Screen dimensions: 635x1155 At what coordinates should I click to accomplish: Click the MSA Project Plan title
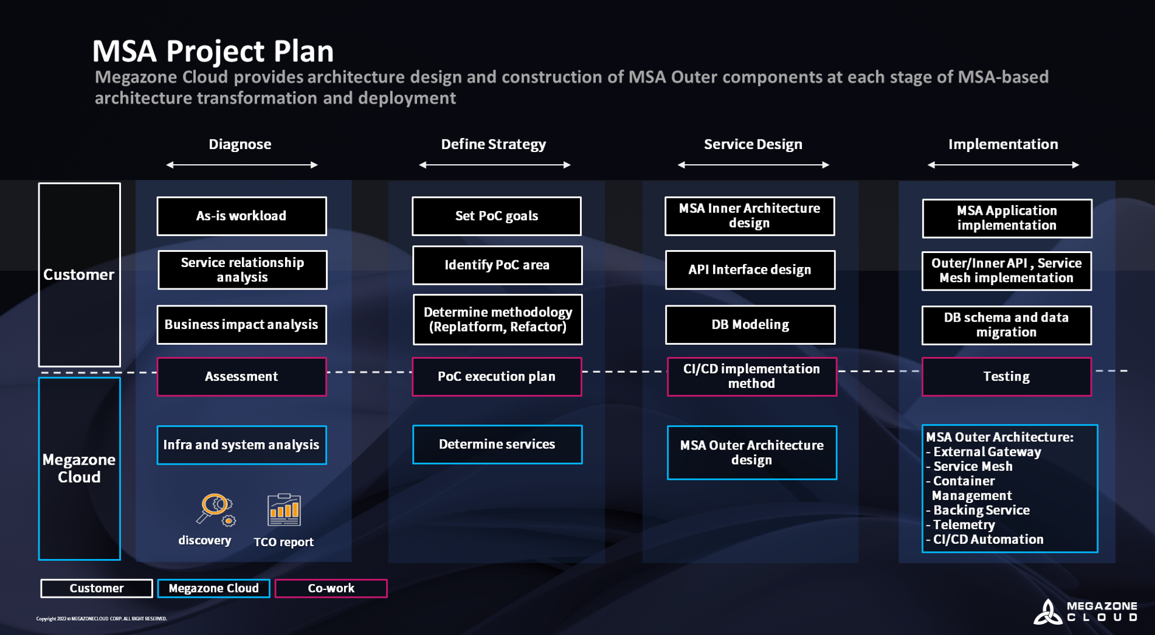pyautogui.click(x=213, y=51)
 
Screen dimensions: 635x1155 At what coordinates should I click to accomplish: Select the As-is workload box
pyautogui.click(x=241, y=216)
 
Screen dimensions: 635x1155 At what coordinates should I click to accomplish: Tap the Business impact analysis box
pyautogui.click(x=241, y=325)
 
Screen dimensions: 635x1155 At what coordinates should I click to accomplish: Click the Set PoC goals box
pyautogui.click(x=497, y=216)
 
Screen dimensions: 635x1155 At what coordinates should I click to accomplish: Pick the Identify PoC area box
pyautogui.click(x=497, y=265)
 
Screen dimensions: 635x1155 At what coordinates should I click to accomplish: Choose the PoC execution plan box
pyautogui.click(x=497, y=376)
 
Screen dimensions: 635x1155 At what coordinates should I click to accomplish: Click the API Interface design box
pyautogui.click(x=750, y=269)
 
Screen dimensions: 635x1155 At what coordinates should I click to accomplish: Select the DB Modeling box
pyautogui.click(x=750, y=325)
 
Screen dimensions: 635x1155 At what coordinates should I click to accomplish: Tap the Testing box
pyautogui.click(x=1006, y=376)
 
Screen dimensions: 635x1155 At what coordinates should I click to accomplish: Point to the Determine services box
pyautogui.click(x=497, y=445)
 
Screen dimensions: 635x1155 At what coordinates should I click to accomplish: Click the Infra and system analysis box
pyautogui.click(x=241, y=445)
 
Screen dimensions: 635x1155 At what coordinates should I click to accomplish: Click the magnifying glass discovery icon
pyautogui.click(x=215, y=509)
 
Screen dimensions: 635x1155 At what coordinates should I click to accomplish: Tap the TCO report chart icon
pyautogui.click(x=284, y=510)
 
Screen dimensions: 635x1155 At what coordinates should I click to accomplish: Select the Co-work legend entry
pyautogui.click(x=331, y=588)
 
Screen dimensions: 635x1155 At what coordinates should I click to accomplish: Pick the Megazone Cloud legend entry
pyautogui.click(x=213, y=588)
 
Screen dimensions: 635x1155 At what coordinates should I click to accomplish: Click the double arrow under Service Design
pyautogui.click(x=753, y=165)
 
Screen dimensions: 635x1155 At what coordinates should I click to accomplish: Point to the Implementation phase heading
pyautogui.click(x=1003, y=144)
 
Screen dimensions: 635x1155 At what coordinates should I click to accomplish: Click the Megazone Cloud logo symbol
pyautogui.click(x=1047, y=612)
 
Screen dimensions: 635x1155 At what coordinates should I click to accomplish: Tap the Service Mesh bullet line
pyautogui.click(x=972, y=467)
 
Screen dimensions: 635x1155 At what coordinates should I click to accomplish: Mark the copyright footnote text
pyautogui.click(x=102, y=619)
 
